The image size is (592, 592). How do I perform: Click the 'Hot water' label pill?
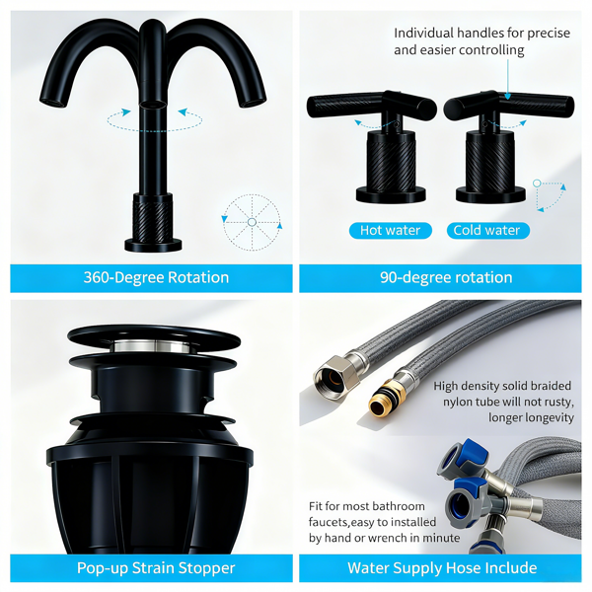point(391,230)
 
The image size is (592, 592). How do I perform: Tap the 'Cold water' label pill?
point(487,230)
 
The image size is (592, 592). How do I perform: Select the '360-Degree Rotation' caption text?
point(156,277)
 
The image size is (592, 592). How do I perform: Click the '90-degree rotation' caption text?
point(446,277)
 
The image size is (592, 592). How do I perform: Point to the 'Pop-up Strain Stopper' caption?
point(156,568)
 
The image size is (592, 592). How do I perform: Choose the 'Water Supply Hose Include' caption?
point(442,568)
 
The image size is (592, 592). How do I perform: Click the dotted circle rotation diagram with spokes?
point(252,222)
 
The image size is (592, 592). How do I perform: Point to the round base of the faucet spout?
point(153,246)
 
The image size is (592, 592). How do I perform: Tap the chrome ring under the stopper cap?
point(153,346)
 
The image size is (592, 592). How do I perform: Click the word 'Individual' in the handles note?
point(423,34)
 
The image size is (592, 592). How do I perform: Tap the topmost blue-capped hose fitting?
point(459,457)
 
